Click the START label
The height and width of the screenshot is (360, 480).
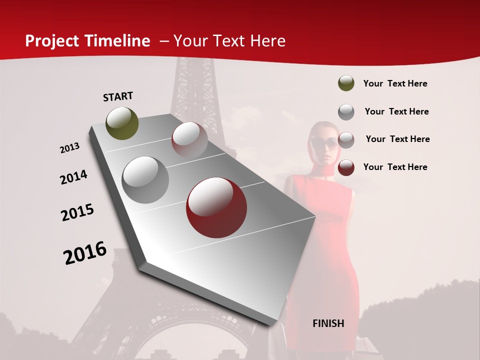(x=118, y=96)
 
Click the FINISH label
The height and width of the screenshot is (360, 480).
(x=328, y=323)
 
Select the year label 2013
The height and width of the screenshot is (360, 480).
(x=69, y=148)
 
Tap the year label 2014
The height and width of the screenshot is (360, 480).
(x=73, y=177)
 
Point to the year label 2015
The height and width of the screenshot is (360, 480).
(x=77, y=212)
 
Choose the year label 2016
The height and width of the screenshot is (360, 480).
(x=85, y=253)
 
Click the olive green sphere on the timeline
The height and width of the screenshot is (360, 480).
(x=122, y=123)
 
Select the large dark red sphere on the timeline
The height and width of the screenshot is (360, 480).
(x=216, y=207)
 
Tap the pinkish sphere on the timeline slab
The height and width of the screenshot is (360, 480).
(x=189, y=139)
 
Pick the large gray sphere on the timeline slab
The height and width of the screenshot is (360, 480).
(x=145, y=180)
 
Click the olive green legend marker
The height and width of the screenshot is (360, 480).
(x=346, y=83)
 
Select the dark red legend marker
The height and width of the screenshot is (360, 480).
(x=346, y=167)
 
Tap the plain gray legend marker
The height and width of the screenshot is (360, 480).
(x=346, y=112)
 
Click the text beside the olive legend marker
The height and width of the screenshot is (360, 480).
(x=395, y=83)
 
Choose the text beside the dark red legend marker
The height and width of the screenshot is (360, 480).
(x=395, y=167)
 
